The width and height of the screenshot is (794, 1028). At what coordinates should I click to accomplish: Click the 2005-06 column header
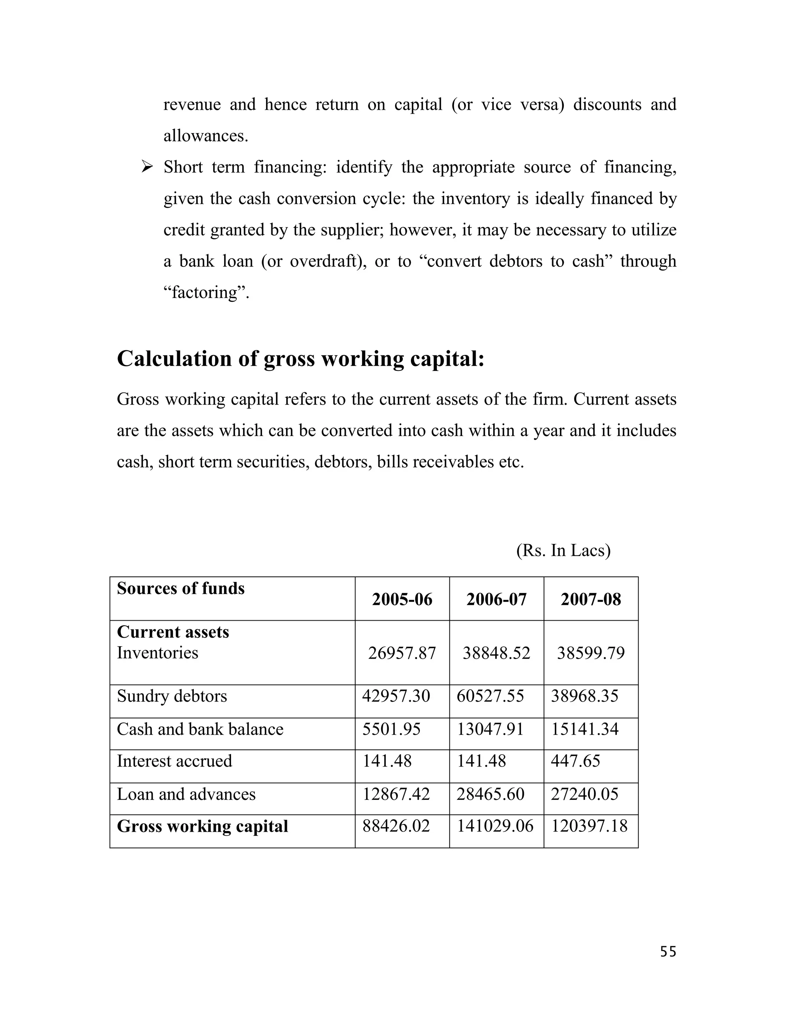pyautogui.click(x=402, y=599)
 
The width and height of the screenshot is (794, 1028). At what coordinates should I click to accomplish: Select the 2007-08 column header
pyautogui.click(x=590, y=599)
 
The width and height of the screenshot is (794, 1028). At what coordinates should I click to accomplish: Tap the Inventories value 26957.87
pyautogui.click(x=402, y=653)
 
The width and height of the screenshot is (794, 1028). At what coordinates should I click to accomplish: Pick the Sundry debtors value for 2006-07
pyautogui.click(x=490, y=696)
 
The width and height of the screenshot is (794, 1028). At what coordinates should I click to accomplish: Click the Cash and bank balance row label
pyautogui.click(x=200, y=729)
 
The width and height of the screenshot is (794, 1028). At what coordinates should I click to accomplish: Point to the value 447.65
pyautogui.click(x=575, y=761)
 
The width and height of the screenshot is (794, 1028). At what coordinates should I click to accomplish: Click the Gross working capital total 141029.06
pyautogui.click(x=495, y=826)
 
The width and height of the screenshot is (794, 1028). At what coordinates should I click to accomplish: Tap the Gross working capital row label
pyautogui.click(x=202, y=826)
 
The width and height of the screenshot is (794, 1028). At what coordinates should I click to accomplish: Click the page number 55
pyautogui.click(x=668, y=952)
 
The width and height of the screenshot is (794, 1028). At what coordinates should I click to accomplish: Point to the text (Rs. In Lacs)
pyautogui.click(x=563, y=550)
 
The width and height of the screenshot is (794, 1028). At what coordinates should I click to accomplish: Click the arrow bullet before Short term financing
pyautogui.click(x=147, y=167)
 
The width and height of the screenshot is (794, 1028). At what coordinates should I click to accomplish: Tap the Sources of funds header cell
pyautogui.click(x=181, y=588)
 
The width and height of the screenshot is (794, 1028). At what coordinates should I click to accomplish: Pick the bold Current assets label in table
pyautogui.click(x=173, y=632)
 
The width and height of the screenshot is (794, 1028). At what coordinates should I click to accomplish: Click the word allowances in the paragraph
pyautogui.click(x=205, y=135)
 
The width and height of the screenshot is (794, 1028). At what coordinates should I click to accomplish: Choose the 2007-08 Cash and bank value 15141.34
pyautogui.click(x=585, y=729)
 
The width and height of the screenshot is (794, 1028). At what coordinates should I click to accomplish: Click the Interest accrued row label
pyautogui.click(x=174, y=761)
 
